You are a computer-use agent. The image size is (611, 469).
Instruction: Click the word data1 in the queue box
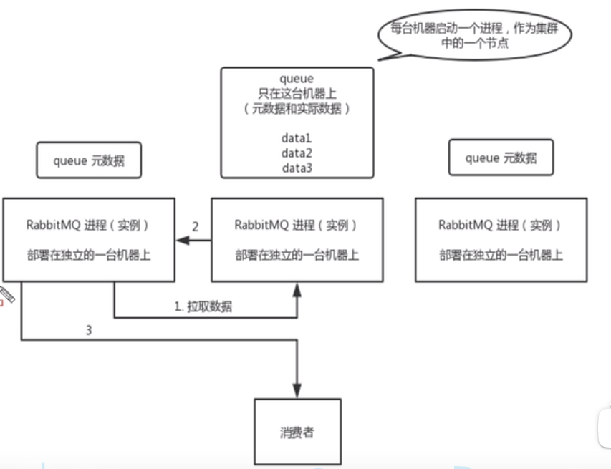tap(297, 137)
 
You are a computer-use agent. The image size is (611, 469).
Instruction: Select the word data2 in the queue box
tap(297, 153)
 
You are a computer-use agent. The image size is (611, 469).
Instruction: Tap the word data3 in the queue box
tap(297, 168)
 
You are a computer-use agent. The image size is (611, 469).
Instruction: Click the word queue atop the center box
tap(297, 77)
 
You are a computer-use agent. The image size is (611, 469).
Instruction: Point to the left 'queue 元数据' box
tap(89, 160)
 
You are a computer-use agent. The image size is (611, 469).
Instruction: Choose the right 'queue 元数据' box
tap(501, 158)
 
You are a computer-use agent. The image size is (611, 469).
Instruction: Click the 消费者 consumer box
tap(297, 432)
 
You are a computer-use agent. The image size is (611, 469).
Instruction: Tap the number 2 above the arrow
tap(195, 226)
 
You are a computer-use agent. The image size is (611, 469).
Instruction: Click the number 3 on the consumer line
tap(89, 331)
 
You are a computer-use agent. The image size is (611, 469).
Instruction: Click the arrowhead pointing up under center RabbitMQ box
tap(297, 287)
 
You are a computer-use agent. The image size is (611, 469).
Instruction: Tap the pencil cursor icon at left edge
tap(6, 294)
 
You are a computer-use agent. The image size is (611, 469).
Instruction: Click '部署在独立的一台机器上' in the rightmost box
tap(501, 255)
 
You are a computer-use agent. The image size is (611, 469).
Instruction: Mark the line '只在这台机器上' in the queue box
tap(297, 92)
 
